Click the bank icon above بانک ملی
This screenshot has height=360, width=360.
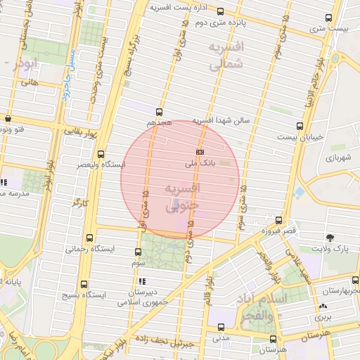pyautogui.click(x=200, y=151)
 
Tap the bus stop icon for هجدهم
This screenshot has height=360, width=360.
pyautogui.click(x=160, y=111)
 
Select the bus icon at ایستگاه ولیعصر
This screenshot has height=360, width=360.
pyautogui.click(x=101, y=154)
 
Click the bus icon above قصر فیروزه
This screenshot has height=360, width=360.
pyautogui.click(x=279, y=220)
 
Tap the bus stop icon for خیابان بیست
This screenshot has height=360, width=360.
pyautogui.click(x=300, y=127)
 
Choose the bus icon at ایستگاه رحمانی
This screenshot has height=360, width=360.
pyautogui.click(x=89, y=238)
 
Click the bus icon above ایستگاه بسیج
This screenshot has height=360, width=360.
pyautogui.click(x=84, y=285)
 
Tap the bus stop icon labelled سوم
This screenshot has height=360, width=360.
pyautogui.click(x=138, y=252)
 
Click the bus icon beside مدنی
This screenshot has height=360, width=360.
pyautogui.click(x=221, y=327)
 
